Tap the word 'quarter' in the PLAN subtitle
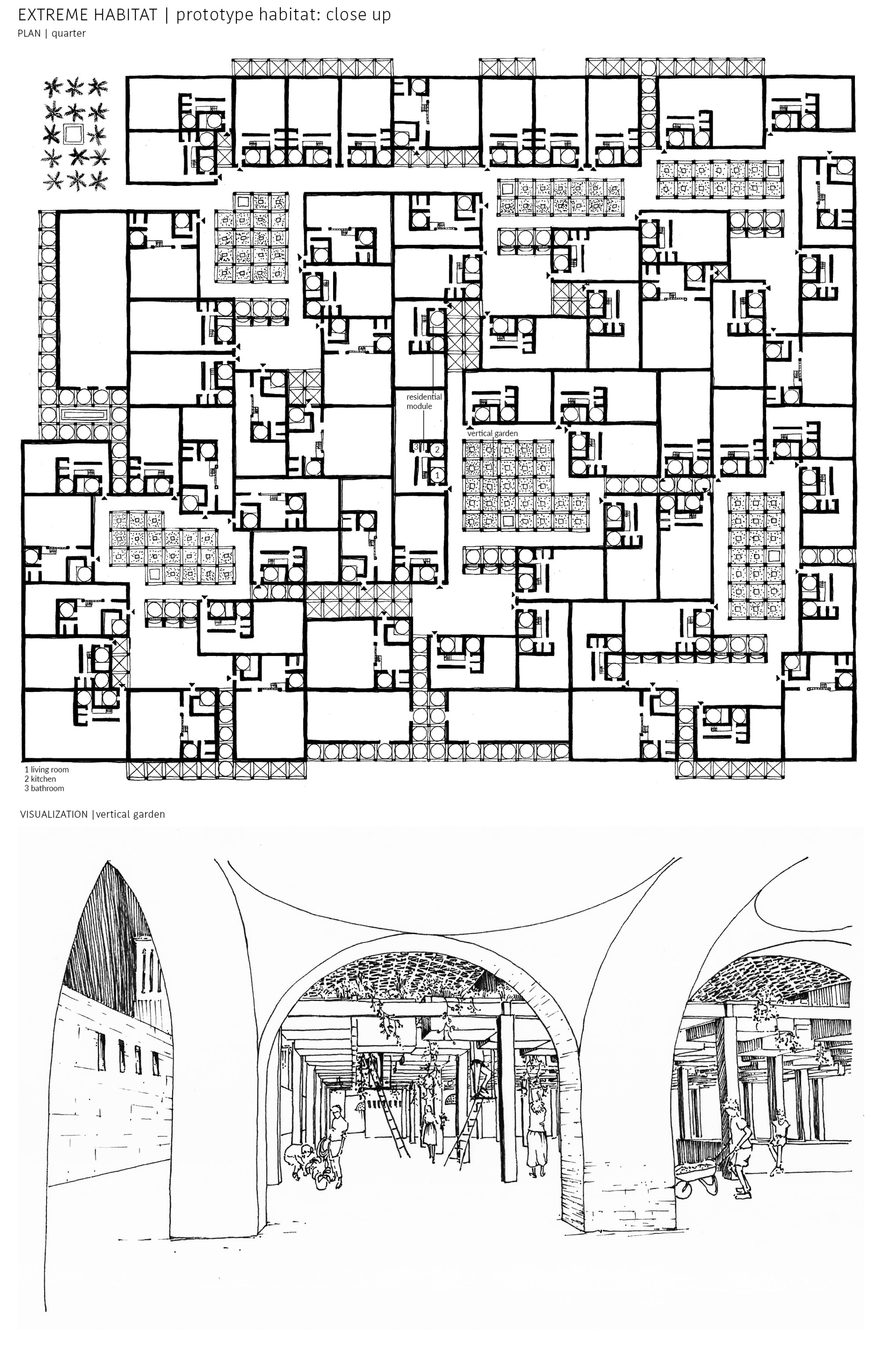(69, 33)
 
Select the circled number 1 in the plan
(437, 475)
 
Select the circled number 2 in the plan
(437, 450)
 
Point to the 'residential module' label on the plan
(424, 401)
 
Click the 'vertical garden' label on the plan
(492, 433)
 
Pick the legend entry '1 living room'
(47, 769)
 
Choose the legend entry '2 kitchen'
(40, 779)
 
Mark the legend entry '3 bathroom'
(44, 788)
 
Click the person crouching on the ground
(304, 1160)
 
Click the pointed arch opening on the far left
(110, 1019)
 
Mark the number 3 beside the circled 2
(416, 447)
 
